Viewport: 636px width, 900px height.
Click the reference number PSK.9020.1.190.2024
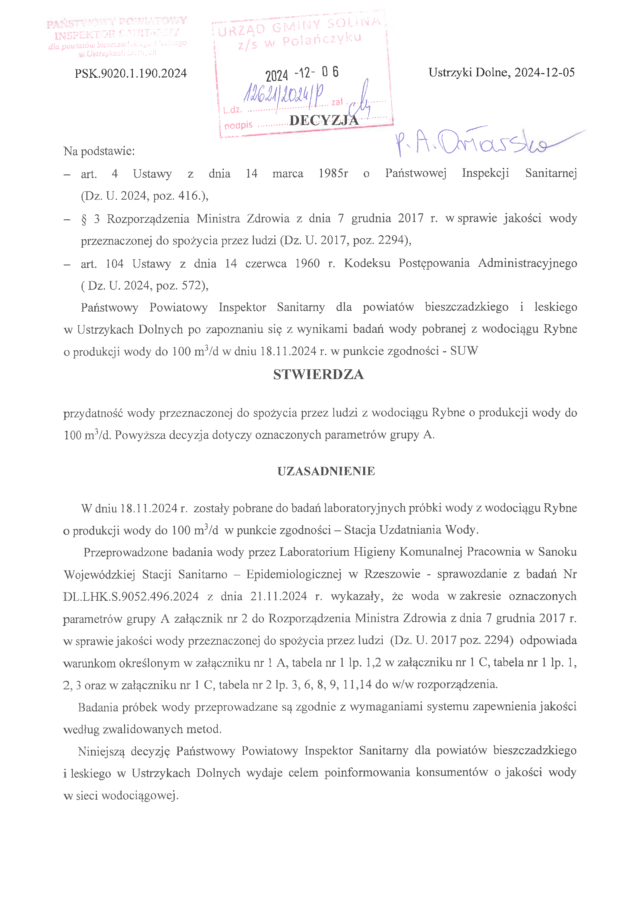point(131,74)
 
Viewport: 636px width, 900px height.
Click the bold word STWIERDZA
point(319,375)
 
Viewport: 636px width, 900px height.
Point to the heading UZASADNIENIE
point(326,471)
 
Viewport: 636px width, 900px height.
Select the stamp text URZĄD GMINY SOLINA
point(299,27)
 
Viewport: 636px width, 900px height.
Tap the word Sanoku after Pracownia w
point(557,552)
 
